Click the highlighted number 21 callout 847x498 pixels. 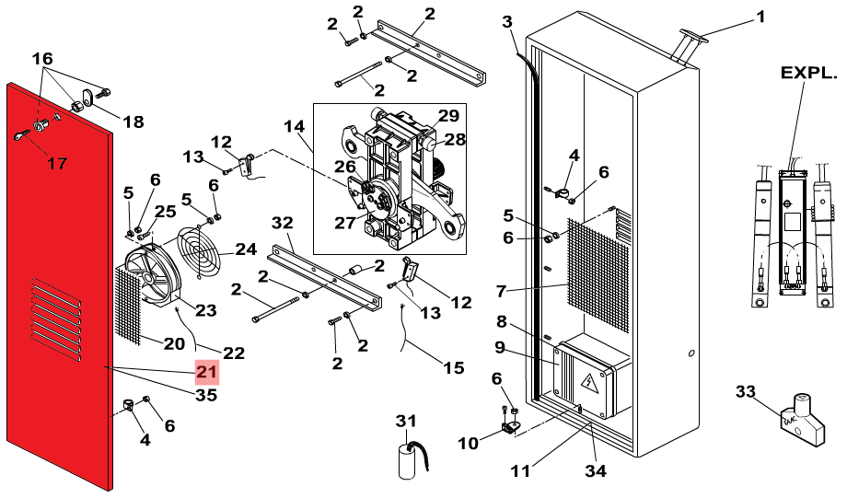click(207, 372)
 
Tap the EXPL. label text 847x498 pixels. click(808, 73)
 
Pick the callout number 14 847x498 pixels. click(295, 127)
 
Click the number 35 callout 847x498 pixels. click(206, 396)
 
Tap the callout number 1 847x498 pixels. click(760, 17)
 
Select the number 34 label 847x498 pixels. click(596, 471)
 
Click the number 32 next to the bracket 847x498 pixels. click(282, 223)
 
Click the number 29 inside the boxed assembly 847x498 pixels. click(448, 116)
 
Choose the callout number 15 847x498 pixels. click(454, 368)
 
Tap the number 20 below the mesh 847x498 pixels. click(174, 343)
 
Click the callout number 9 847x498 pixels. click(500, 347)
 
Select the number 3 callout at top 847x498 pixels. click(506, 22)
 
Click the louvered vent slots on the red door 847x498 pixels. click(56, 319)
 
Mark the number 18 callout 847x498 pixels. click(133, 122)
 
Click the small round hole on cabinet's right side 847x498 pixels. click(692, 353)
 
